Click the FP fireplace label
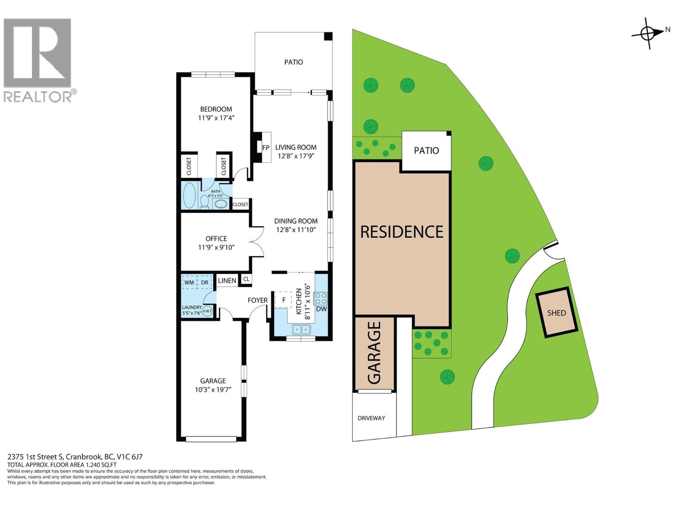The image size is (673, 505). pos(265,148)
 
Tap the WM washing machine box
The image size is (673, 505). pos(189,282)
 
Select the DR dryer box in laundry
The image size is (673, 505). pos(204,282)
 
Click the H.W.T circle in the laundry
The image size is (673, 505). pos(207,311)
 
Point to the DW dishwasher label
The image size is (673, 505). pos(321,309)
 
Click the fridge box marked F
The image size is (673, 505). pos(284,300)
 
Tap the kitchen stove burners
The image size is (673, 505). pos(321,298)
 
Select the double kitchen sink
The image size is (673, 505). pos(301,329)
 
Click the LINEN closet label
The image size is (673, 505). pos(227,281)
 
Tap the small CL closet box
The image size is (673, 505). pos(246,279)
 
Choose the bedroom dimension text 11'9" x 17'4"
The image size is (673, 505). pos(216,118)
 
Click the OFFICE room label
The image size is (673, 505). pos(216,239)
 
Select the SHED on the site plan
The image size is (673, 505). pos(556,313)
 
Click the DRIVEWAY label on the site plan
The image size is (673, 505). pos(371,418)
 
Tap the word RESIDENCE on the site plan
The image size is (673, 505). pos(402,232)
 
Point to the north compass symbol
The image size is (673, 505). pos(648,33)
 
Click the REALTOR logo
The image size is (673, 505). pos(38,59)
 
